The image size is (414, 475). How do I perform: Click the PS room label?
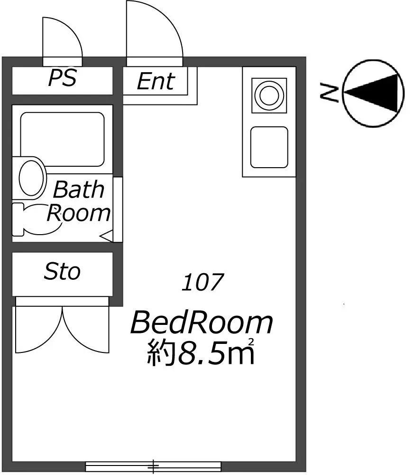(x=62, y=78)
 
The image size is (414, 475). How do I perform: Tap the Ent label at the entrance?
(x=156, y=81)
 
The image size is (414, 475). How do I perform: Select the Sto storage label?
(x=62, y=271)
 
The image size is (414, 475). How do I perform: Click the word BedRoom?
(x=202, y=323)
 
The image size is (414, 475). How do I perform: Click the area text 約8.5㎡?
(x=200, y=352)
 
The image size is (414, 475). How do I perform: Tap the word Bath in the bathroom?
(x=79, y=190)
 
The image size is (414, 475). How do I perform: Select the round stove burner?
(x=269, y=95)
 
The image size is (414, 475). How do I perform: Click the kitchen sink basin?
(x=269, y=147)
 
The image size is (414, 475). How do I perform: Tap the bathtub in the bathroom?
(x=62, y=139)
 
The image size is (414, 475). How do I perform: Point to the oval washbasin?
(x=30, y=178)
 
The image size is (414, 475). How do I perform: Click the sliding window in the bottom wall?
(x=153, y=466)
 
